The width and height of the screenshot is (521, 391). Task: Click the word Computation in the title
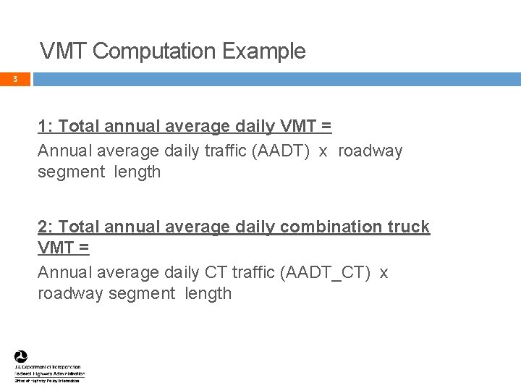(x=155, y=52)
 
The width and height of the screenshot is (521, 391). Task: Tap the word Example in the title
(x=264, y=52)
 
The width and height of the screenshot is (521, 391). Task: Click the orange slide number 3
(x=14, y=79)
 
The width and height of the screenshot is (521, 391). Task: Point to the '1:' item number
(x=46, y=127)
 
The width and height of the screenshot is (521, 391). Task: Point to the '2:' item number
(x=46, y=227)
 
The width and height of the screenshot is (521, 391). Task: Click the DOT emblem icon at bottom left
(x=21, y=357)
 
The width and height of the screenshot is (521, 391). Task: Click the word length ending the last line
(x=208, y=293)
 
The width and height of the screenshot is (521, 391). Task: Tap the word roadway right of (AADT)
(x=370, y=151)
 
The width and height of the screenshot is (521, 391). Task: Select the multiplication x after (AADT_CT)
(x=384, y=272)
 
